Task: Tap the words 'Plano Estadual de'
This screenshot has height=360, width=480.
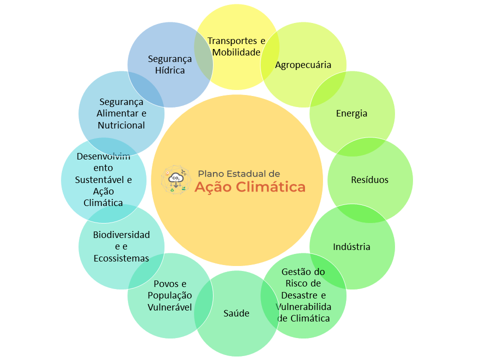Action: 239,174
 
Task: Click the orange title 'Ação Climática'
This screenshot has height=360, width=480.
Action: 250,186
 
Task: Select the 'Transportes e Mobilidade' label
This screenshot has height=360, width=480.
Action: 236,46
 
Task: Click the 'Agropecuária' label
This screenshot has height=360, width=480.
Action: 303,65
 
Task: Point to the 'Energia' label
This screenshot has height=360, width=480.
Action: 351,113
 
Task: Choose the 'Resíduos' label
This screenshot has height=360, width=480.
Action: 369,179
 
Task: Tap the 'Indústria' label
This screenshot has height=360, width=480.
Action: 351,246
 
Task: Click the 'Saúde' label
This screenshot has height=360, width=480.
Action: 236,313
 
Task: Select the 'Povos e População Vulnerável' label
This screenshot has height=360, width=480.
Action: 170,295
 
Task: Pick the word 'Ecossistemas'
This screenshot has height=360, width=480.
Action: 121,258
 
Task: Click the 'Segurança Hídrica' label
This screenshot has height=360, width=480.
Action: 170,64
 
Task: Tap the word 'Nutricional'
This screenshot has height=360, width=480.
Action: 121,125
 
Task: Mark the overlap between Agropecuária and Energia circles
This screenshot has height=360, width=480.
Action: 327,89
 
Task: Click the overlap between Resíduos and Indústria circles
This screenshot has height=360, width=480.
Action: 361,213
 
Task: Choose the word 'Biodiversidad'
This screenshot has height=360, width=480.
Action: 121,235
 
